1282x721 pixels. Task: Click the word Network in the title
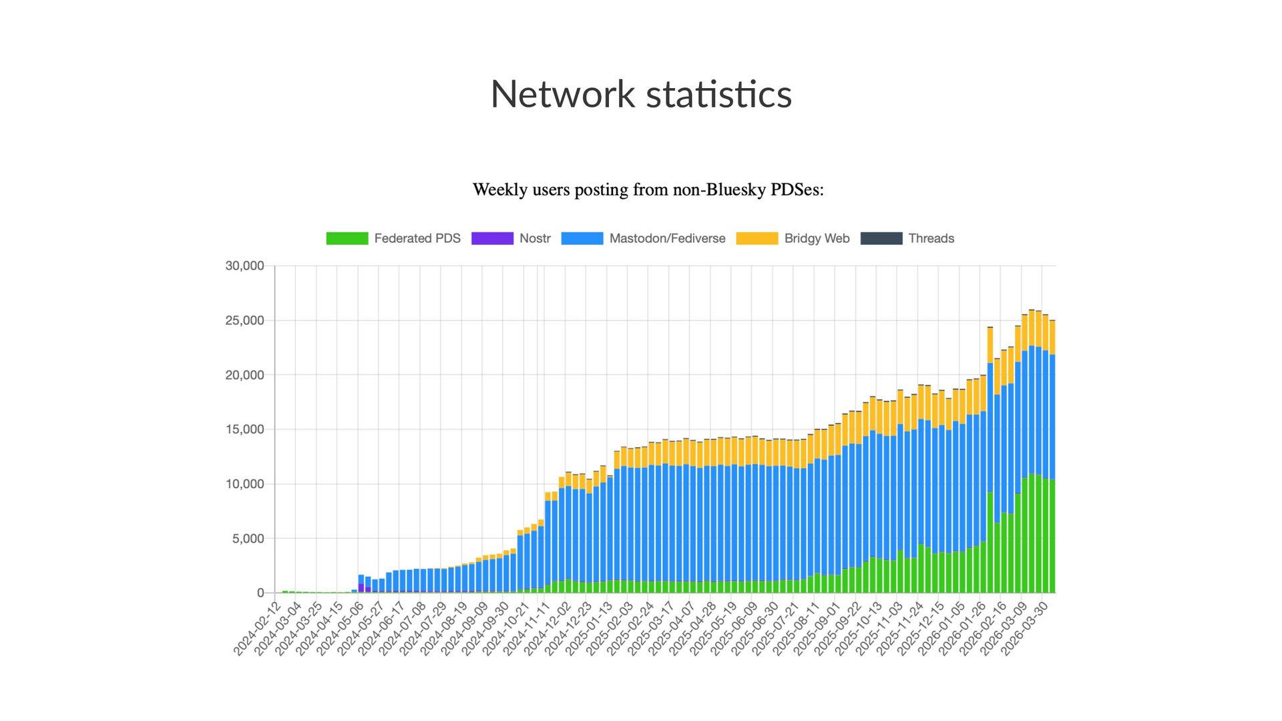562,94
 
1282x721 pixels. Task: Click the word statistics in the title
719,94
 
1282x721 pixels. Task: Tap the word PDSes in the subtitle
797,190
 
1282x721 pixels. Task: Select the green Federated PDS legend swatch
347,238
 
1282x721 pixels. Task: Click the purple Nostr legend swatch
492,238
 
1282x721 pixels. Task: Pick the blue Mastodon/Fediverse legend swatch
582,238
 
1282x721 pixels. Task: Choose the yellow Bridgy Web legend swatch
757,238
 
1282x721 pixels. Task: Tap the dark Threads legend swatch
881,238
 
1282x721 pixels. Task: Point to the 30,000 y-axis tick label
244,266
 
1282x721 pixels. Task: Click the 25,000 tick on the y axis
244,320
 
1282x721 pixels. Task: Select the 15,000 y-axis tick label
244,429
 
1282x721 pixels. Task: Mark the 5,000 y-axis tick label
248,539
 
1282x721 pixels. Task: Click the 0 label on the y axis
260,593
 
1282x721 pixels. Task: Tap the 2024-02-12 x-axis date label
257,629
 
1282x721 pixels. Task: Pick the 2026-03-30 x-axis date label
1025,629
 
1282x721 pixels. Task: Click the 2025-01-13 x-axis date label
589,629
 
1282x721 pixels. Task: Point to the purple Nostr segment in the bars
361,587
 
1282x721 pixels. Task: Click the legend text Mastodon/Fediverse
667,238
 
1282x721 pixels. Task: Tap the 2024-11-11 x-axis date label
527,629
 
